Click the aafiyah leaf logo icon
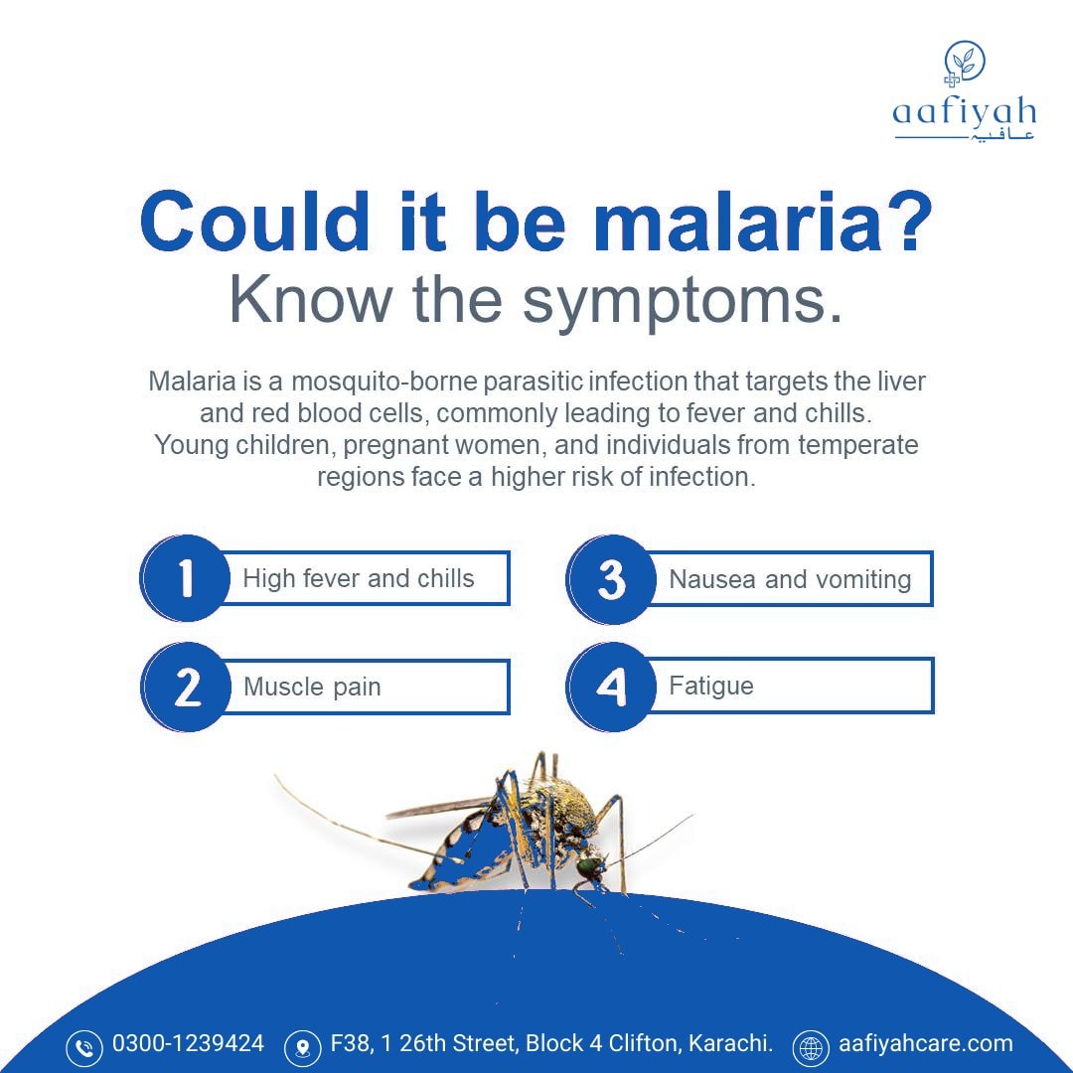(x=963, y=64)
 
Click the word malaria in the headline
(x=744, y=223)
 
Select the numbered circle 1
(x=185, y=578)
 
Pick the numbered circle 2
(x=186, y=687)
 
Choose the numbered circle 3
(x=611, y=579)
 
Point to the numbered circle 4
(x=611, y=687)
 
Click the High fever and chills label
(x=359, y=579)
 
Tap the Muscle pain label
(x=312, y=688)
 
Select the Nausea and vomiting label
(x=791, y=579)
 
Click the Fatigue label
(x=711, y=687)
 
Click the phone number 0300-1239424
(x=188, y=1043)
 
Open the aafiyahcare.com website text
(x=926, y=1044)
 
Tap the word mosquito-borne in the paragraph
(x=384, y=382)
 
